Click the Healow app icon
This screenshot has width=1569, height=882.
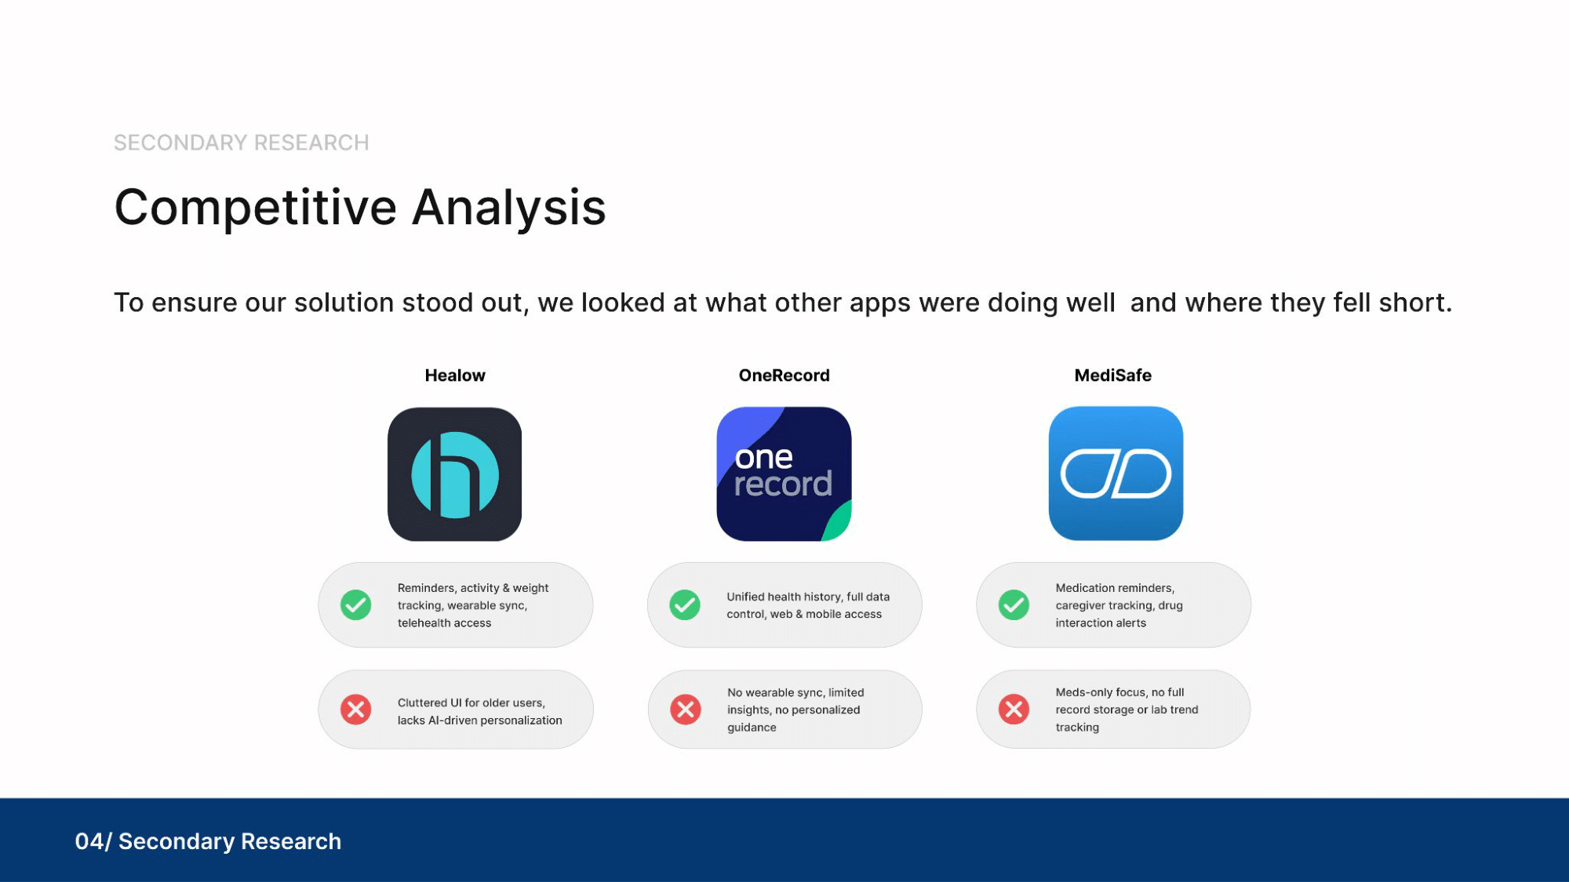(454, 474)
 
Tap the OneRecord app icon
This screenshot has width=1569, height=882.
(784, 474)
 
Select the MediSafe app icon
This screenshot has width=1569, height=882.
(1116, 474)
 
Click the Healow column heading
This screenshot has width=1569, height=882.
(455, 376)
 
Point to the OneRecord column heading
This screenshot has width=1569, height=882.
(784, 376)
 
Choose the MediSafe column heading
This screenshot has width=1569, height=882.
(1112, 376)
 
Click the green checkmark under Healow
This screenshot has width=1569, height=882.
(355, 605)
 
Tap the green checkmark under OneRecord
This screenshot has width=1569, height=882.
(685, 605)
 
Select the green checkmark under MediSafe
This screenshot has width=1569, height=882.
(1014, 605)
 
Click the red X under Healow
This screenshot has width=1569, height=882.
(355, 710)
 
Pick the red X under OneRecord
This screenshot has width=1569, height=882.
(685, 710)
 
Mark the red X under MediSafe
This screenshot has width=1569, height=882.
(1014, 710)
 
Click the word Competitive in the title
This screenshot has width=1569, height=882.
(256, 209)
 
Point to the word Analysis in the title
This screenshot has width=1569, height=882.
(509, 209)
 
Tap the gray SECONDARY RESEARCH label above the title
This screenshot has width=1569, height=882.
(242, 143)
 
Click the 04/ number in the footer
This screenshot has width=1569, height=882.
(93, 841)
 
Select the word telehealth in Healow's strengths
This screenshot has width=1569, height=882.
(424, 623)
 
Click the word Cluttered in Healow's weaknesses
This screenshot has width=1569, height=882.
(422, 703)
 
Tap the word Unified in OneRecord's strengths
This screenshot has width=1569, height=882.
(745, 597)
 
